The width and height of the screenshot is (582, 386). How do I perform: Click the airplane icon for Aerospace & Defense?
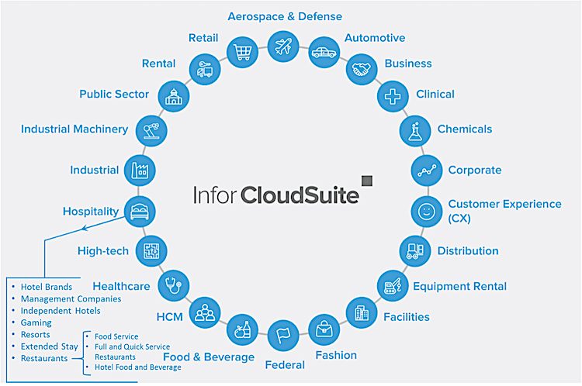click(282, 45)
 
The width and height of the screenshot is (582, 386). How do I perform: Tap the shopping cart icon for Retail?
click(242, 53)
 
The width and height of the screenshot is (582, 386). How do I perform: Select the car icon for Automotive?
click(324, 53)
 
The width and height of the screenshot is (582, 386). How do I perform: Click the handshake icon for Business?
click(362, 69)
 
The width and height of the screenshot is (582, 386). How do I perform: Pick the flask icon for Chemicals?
click(415, 129)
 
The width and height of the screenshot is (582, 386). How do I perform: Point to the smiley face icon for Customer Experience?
click(425, 210)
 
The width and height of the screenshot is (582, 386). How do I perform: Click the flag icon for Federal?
click(283, 336)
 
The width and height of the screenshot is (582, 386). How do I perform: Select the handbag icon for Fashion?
click(324, 329)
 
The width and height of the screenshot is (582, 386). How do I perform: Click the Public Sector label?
click(114, 95)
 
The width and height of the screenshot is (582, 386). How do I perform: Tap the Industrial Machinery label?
click(74, 129)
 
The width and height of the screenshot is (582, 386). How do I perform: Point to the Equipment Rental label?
click(459, 286)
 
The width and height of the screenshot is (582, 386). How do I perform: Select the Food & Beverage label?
click(208, 357)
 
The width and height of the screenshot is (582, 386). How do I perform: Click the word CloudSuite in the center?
click(300, 194)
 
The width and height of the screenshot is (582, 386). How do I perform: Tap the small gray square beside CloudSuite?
click(367, 180)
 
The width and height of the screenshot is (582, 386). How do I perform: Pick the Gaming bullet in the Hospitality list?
click(36, 322)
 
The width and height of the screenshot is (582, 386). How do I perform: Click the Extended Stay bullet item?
click(50, 346)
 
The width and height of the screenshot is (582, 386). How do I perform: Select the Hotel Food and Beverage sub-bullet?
click(137, 367)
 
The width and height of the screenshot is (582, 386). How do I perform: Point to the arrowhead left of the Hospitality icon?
click(84, 229)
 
